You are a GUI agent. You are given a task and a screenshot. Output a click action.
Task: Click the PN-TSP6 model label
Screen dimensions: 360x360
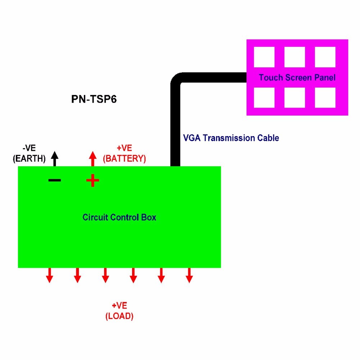(x=94, y=99)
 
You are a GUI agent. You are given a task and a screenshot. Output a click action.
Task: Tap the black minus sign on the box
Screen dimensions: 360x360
(x=54, y=180)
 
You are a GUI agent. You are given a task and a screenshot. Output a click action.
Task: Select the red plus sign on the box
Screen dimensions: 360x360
(x=93, y=180)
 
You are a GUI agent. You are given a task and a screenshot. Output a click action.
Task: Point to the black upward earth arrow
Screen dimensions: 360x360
(x=54, y=158)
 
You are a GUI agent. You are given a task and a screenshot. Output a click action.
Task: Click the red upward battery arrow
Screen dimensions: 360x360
(x=93, y=158)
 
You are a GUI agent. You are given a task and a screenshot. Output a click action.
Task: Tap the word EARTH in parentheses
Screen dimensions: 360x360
(x=29, y=159)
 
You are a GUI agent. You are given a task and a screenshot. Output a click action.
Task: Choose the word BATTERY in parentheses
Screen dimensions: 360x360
(x=125, y=159)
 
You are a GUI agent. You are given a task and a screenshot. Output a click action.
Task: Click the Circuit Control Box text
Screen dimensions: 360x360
(x=119, y=217)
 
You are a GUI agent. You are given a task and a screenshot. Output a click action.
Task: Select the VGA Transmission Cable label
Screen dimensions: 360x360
(x=231, y=138)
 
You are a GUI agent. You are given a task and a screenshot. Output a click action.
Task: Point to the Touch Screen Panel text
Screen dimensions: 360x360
(x=297, y=77)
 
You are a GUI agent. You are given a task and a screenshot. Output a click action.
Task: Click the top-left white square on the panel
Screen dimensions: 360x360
(x=264, y=57)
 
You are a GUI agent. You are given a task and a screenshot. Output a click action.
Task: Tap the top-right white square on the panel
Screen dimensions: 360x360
(x=325, y=57)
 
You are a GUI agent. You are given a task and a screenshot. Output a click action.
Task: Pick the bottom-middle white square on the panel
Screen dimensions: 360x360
(x=295, y=98)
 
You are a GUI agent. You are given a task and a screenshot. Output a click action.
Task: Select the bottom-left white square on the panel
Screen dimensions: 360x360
(x=264, y=98)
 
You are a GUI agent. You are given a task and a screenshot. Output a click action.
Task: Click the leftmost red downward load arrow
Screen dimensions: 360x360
(x=49, y=275)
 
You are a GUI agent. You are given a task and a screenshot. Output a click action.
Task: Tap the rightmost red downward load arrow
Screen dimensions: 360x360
(x=189, y=275)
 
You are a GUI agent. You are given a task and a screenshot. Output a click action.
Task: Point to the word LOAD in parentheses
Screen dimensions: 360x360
(x=119, y=316)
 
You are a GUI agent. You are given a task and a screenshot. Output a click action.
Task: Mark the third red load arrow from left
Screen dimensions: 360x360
(x=105, y=275)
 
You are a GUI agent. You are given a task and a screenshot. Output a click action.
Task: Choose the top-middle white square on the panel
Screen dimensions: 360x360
(x=295, y=57)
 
